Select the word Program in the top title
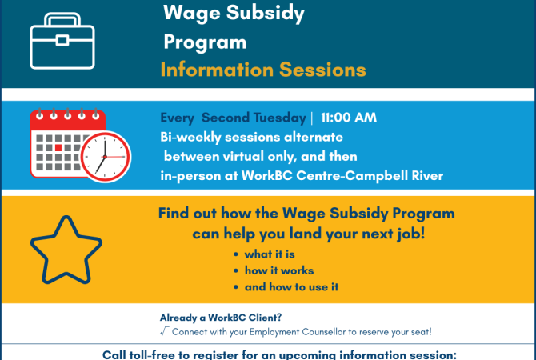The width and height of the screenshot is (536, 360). (x=205, y=42)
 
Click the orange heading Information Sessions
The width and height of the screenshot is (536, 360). (x=263, y=70)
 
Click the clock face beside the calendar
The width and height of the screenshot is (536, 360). (x=105, y=156)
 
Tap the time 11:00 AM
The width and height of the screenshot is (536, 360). (x=348, y=118)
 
